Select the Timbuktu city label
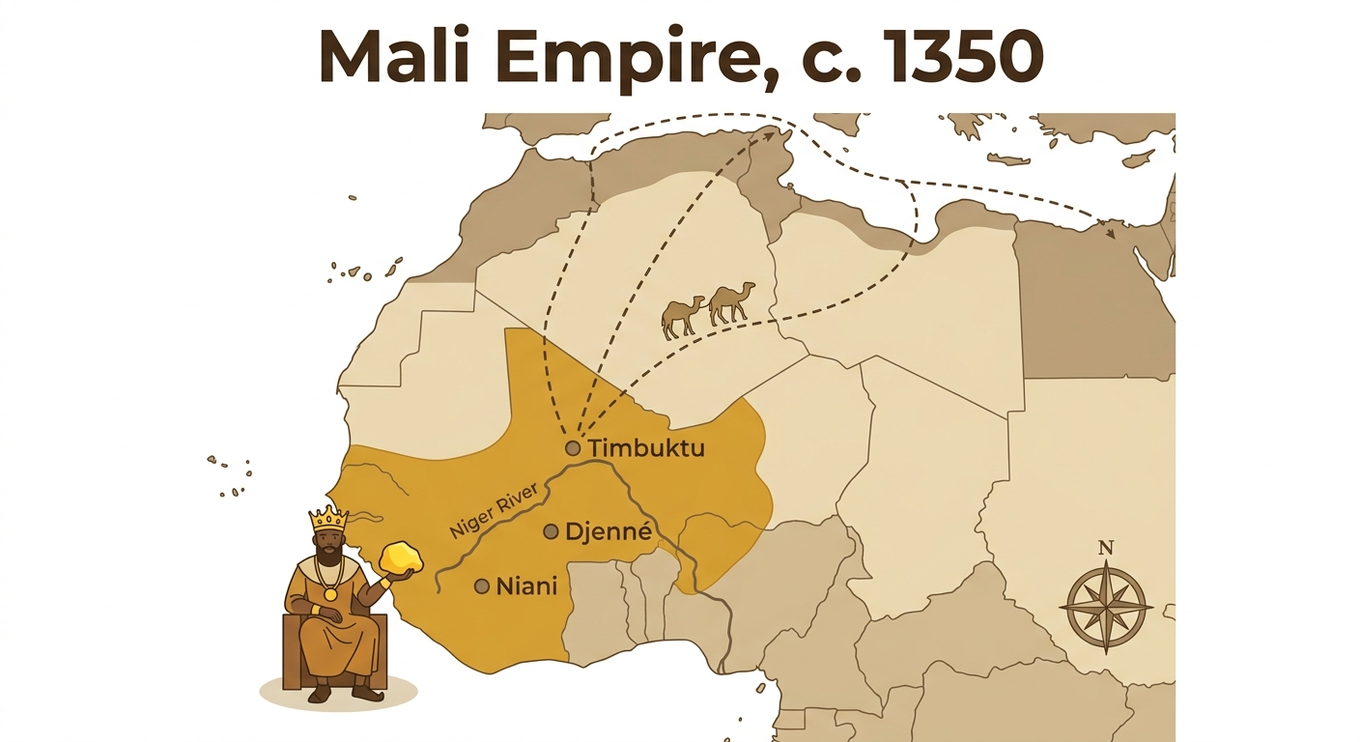pyautogui.click(x=646, y=448)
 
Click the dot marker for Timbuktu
pyautogui.click(x=573, y=448)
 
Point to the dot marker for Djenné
pyautogui.click(x=551, y=531)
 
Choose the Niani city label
pyautogui.click(x=526, y=585)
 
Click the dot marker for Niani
pyautogui.click(x=482, y=585)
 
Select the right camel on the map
pyautogui.click(x=731, y=302)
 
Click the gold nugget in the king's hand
pyautogui.click(x=401, y=558)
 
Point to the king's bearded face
pyautogui.click(x=328, y=547)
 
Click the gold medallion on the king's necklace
pyautogui.click(x=330, y=594)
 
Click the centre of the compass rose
pyautogui.click(x=1106, y=607)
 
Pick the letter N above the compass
pyautogui.click(x=1106, y=548)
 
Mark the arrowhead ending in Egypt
pyautogui.click(x=1110, y=233)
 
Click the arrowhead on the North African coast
pyautogui.click(x=771, y=134)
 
